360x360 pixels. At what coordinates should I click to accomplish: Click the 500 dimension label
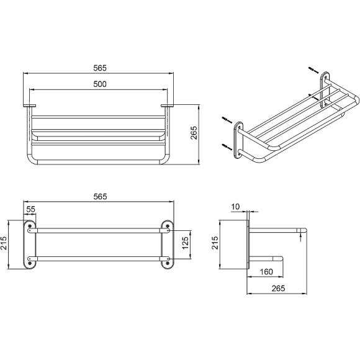[x=100, y=84]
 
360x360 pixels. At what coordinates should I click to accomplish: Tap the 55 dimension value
[x=31, y=209]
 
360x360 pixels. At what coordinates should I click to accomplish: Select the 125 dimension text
[x=185, y=243]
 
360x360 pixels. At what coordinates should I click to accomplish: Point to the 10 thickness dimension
[x=235, y=207]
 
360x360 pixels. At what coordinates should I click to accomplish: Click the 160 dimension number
[x=266, y=272]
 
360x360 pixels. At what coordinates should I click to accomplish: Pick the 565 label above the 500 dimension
[x=100, y=68]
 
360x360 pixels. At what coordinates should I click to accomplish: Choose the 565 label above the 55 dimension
[x=100, y=197]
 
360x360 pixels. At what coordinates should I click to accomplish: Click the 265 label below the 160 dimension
[x=278, y=289]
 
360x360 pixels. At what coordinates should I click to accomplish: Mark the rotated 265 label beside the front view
[x=194, y=133]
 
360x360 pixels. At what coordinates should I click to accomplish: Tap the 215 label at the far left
[x=4, y=243]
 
